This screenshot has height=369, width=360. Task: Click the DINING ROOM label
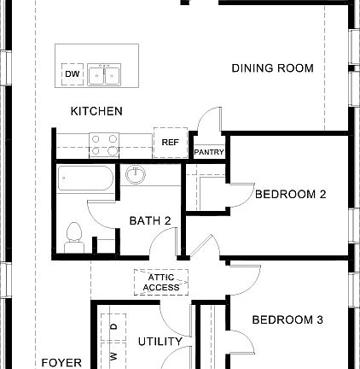pyautogui.click(x=272, y=68)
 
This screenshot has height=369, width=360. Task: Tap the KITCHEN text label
pyautogui.click(x=96, y=111)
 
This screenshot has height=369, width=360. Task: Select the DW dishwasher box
pyautogui.click(x=72, y=75)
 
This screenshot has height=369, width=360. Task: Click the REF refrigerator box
pyautogui.click(x=170, y=143)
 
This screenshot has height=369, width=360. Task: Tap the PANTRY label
pyautogui.click(x=209, y=152)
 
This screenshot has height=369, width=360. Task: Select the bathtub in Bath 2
pyautogui.click(x=85, y=181)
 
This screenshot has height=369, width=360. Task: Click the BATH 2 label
pyautogui.click(x=150, y=220)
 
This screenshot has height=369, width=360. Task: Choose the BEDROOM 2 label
pyautogui.click(x=290, y=194)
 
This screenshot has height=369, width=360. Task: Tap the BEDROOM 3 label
pyautogui.click(x=287, y=320)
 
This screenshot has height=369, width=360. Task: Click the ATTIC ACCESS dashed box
pyautogui.click(x=161, y=283)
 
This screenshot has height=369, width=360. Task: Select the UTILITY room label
pyautogui.click(x=160, y=342)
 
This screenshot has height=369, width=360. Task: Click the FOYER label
pyautogui.click(x=62, y=362)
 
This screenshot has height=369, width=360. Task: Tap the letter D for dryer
pyautogui.click(x=113, y=327)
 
